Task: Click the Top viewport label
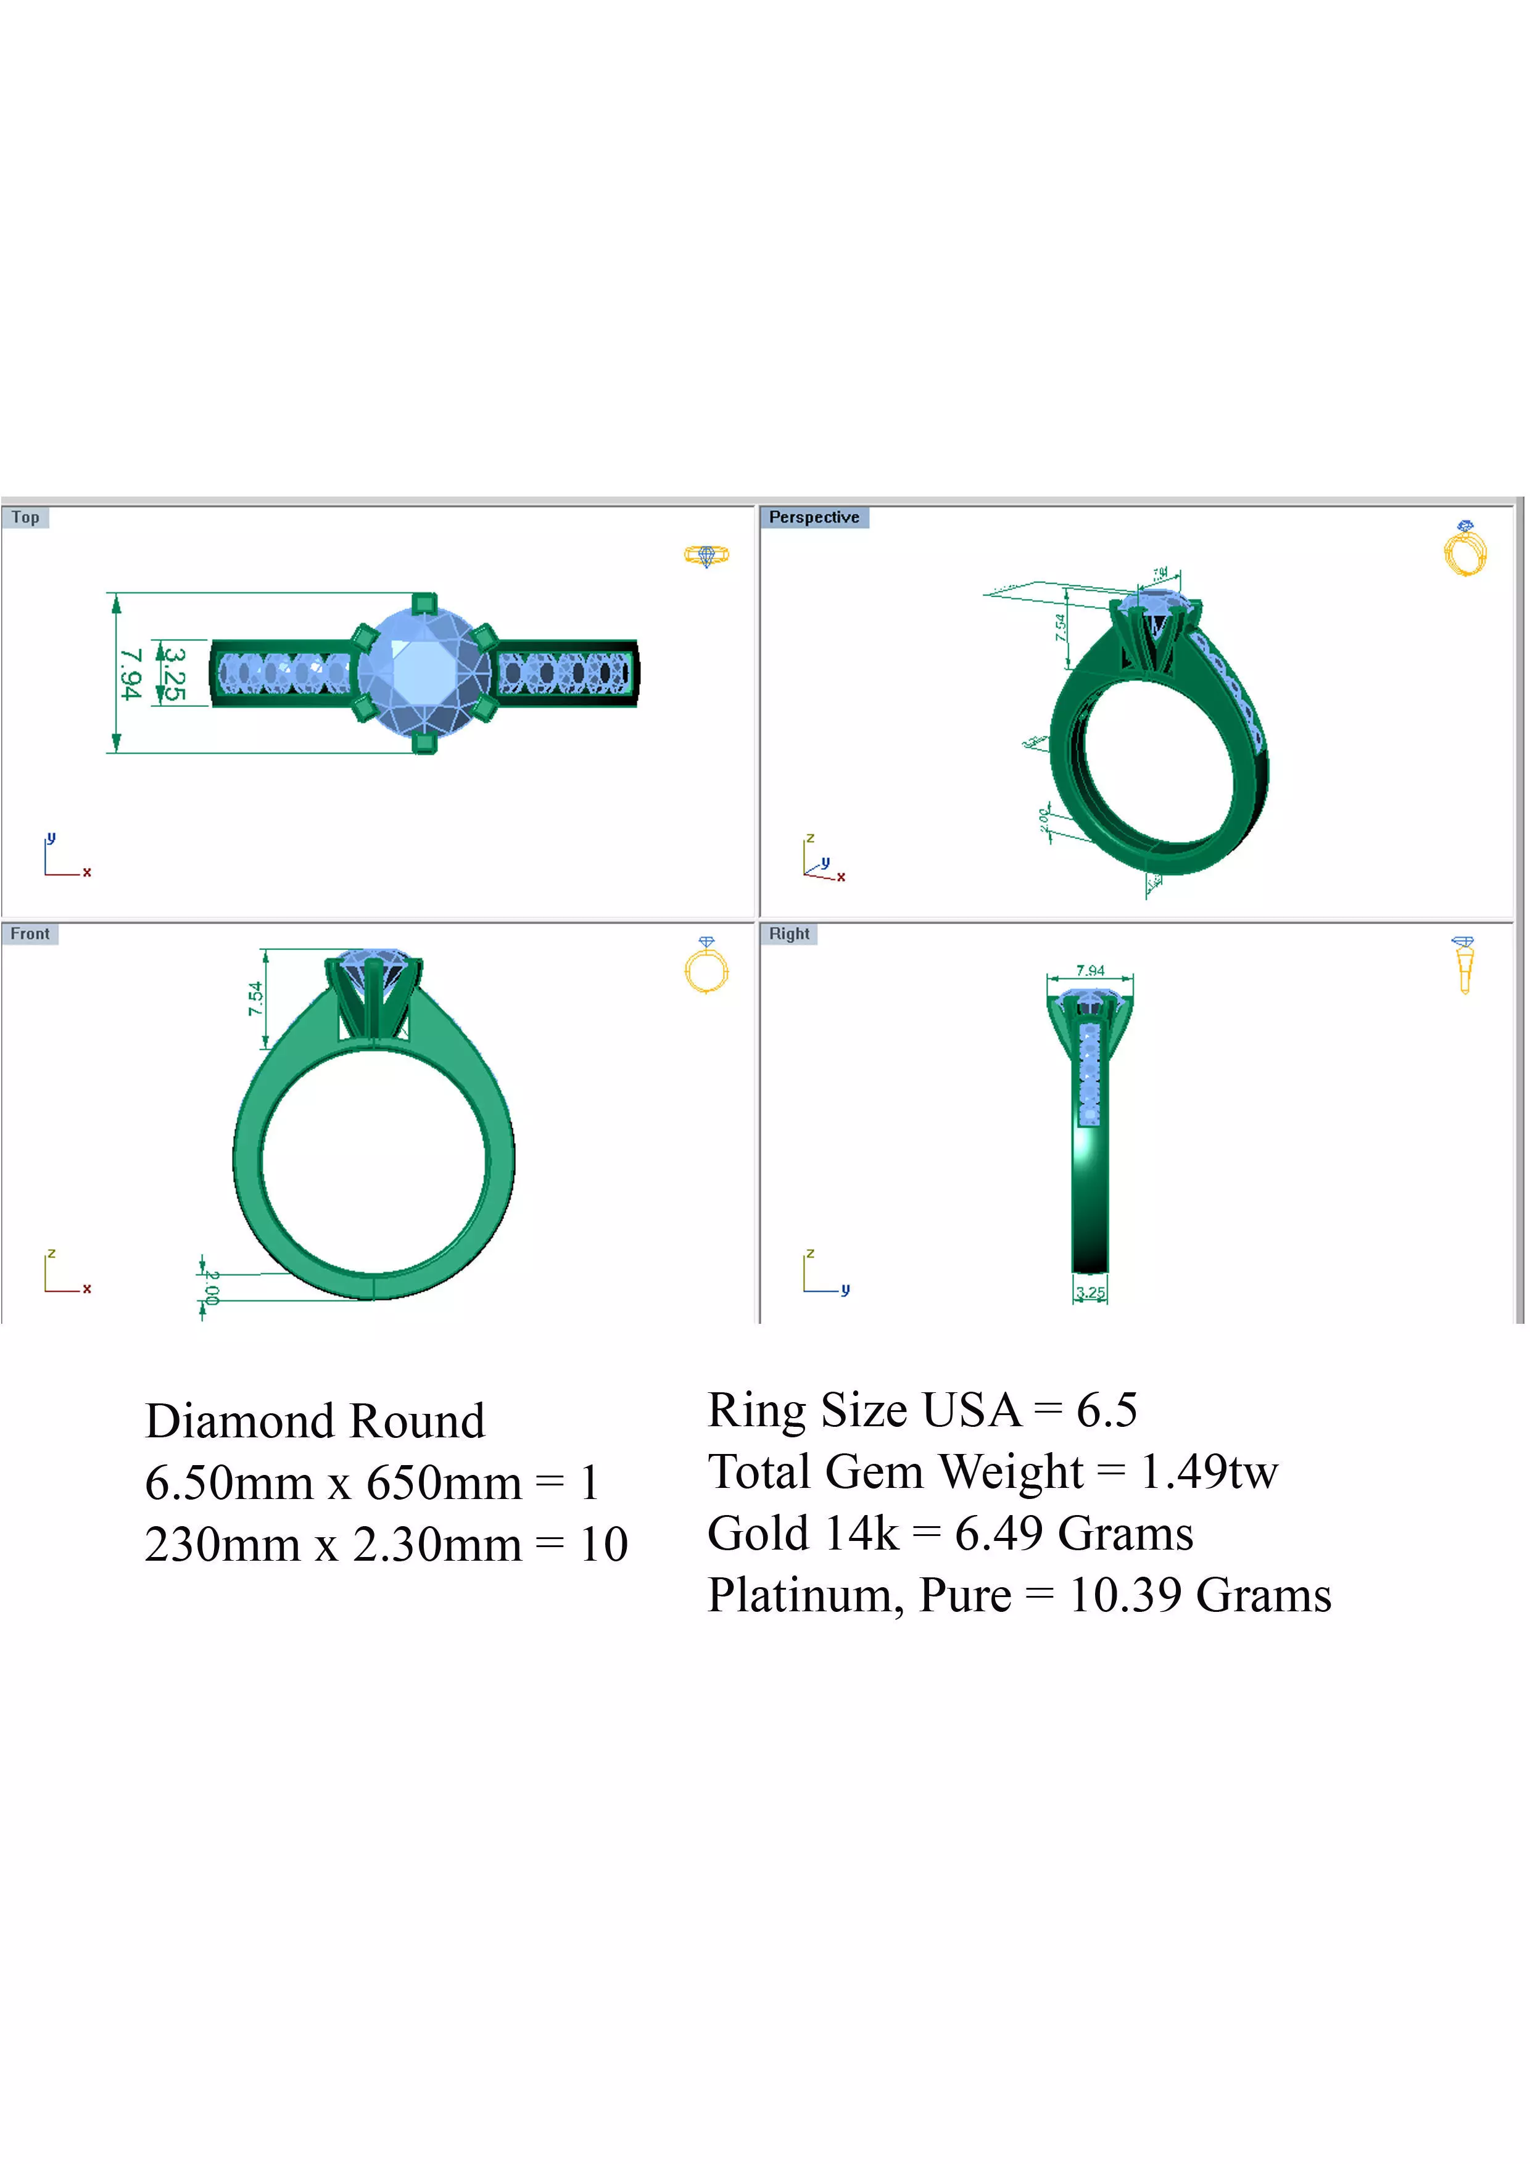[25, 518]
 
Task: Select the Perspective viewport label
[814, 518]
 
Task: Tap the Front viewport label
[30, 934]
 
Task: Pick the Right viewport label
[789, 934]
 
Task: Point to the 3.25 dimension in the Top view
[173, 674]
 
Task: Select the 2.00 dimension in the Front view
[212, 1287]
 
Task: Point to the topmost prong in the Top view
[425, 603]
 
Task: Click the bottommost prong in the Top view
[425, 743]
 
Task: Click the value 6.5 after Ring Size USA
[1107, 1410]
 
